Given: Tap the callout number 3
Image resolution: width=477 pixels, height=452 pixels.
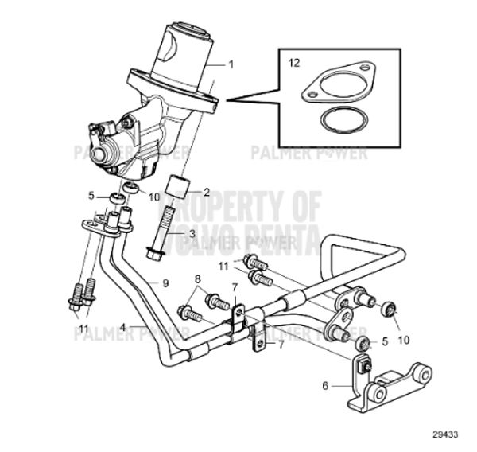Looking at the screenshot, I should point(192,233).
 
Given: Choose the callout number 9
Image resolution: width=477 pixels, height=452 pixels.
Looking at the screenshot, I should point(165,282).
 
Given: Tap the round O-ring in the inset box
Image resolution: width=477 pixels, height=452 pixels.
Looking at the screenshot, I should point(337,122).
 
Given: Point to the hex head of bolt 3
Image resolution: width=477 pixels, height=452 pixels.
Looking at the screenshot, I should point(155,253).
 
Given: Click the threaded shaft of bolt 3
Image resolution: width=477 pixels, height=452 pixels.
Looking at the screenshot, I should point(167,223).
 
